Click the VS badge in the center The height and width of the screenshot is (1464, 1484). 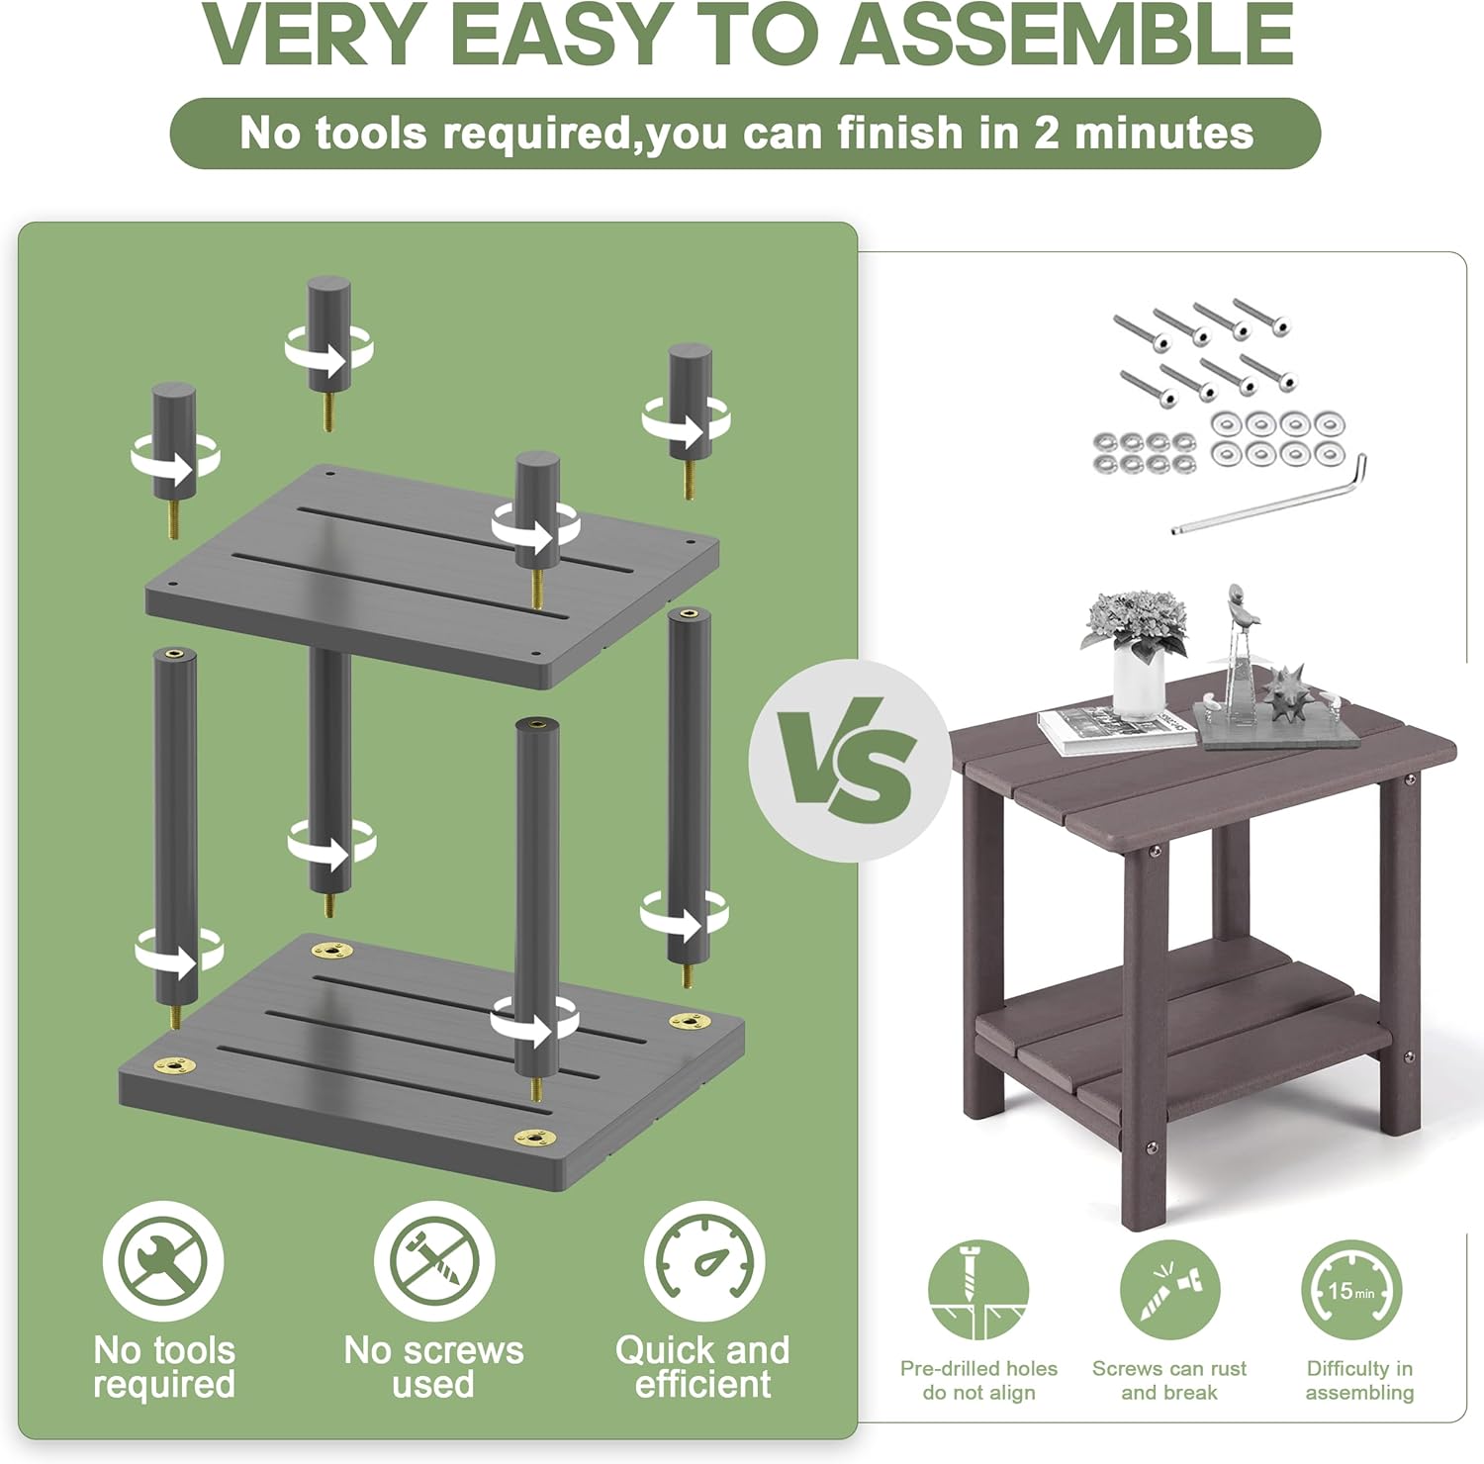click(x=849, y=760)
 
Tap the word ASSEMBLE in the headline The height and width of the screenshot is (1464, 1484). click(x=1071, y=35)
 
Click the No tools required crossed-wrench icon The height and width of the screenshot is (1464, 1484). click(x=163, y=1261)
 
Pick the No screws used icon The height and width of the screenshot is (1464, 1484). click(x=433, y=1261)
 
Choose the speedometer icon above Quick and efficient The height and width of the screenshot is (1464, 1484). click(x=703, y=1261)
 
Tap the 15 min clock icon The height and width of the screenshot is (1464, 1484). click(x=1351, y=1291)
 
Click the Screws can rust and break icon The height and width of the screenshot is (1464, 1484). click(x=1169, y=1291)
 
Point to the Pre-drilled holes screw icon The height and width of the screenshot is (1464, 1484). click(x=979, y=1291)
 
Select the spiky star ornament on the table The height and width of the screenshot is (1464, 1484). click(x=1285, y=692)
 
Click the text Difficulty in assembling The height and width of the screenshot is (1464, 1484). click(x=1359, y=1380)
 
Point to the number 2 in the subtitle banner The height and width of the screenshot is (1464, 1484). click(x=1047, y=133)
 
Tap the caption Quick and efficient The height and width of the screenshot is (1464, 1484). click(x=702, y=1366)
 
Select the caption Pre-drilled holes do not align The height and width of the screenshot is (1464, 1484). click(x=978, y=1380)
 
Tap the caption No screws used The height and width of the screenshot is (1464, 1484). click(x=433, y=1366)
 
